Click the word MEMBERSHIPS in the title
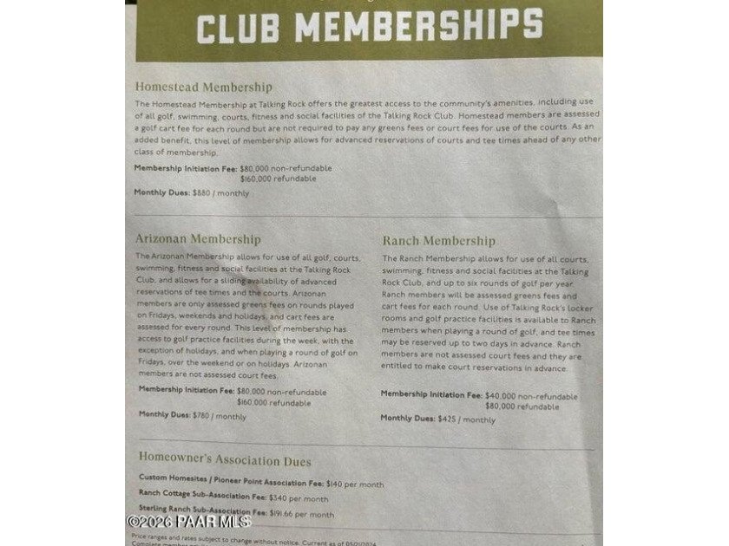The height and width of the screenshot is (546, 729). coord(419,26)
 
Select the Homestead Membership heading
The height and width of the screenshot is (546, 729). coord(203,88)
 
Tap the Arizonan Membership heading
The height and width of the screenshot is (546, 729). coord(197,239)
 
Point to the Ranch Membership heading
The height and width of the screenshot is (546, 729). coord(439,241)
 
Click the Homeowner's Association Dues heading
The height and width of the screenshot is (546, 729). coord(225,461)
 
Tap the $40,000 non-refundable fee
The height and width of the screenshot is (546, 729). coord(531,396)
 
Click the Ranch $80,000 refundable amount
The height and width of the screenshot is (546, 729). coord(522,406)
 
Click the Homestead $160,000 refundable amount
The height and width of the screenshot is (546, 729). coord(278,179)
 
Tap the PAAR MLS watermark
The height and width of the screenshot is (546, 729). coord(188,521)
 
